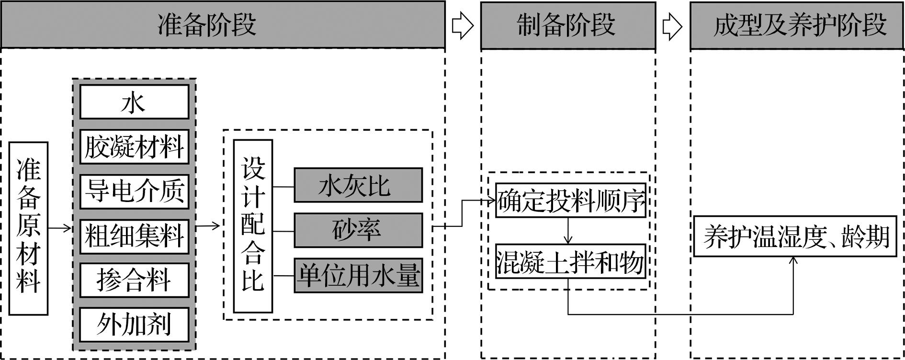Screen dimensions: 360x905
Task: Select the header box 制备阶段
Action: pyautogui.click(x=568, y=25)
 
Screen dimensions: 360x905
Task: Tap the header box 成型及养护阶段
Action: pyautogui.click(x=797, y=25)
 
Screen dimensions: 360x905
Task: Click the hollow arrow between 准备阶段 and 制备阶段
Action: pyautogui.click(x=463, y=26)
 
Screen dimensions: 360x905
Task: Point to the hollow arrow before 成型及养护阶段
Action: pyautogui.click(x=672, y=26)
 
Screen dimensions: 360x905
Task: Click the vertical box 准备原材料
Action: pyautogui.click(x=29, y=228)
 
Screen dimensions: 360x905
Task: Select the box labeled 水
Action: pyautogui.click(x=134, y=102)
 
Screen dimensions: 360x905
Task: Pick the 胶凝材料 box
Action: pyautogui.click(x=134, y=146)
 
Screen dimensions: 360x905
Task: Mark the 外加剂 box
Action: pyautogui.click(x=134, y=325)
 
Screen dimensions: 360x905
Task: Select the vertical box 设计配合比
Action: pyautogui.click(x=253, y=226)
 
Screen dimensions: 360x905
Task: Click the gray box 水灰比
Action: pyautogui.click(x=358, y=185)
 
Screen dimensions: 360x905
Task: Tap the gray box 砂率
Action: pyautogui.click(x=358, y=230)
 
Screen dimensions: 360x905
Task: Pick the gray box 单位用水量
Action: pyautogui.click(x=358, y=275)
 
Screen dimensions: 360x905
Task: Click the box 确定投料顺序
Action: pyautogui.click(x=570, y=201)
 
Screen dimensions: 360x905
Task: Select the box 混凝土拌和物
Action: pyautogui.click(x=570, y=262)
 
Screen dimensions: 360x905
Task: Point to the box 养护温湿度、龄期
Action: pyautogui.click(x=795, y=236)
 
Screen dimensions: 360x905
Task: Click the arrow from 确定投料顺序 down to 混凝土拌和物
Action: pyautogui.click(x=568, y=231)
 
